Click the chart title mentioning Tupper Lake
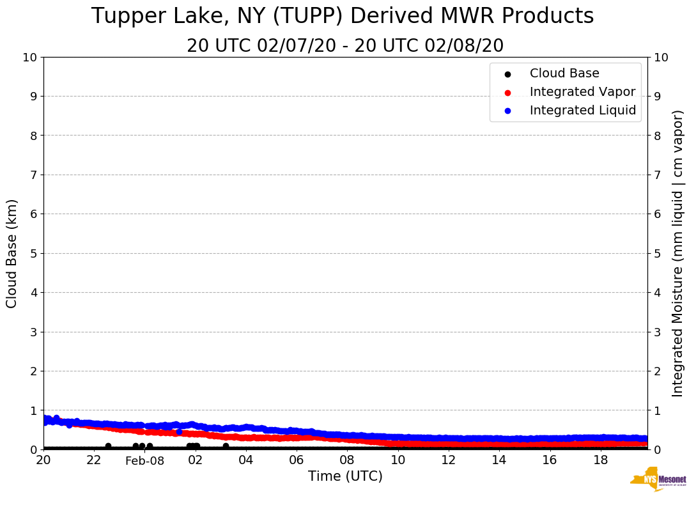343,17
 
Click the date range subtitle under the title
345,46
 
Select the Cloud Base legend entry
564,74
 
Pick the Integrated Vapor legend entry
582,92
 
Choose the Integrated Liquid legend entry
583,111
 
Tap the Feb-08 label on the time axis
144,461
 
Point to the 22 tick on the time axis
94,460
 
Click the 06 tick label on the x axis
296,460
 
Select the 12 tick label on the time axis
448,460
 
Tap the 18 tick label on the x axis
600,460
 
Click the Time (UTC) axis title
345,476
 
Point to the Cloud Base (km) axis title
12,253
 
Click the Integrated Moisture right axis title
678,253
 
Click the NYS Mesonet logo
658,479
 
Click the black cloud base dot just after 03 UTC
226,446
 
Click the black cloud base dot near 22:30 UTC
108,446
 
